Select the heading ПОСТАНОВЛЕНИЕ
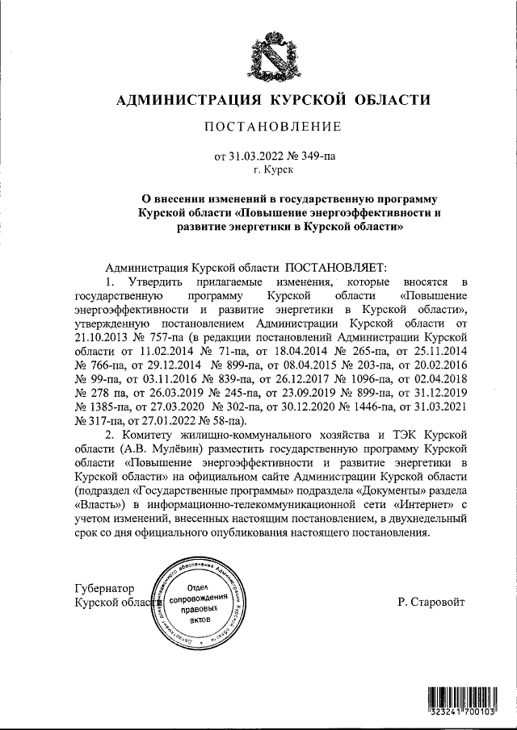pyautogui.click(x=272, y=127)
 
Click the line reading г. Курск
pyautogui.click(x=272, y=169)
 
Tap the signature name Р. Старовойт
pyautogui.click(x=431, y=602)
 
